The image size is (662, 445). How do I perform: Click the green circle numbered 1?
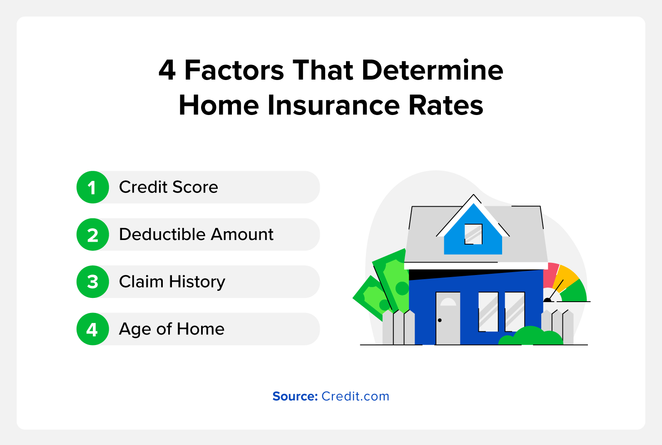tap(92, 187)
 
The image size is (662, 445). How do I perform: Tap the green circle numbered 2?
tap(92, 235)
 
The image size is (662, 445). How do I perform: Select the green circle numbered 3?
tap(92, 282)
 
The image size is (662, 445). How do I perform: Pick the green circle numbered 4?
tap(92, 329)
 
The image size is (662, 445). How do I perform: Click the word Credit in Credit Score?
tap(143, 187)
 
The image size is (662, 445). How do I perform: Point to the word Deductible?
tap(162, 234)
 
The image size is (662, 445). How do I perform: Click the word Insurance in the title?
tap(333, 105)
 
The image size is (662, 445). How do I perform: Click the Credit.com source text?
tap(355, 396)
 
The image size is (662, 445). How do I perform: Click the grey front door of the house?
tap(448, 318)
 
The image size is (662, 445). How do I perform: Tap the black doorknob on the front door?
tap(440, 320)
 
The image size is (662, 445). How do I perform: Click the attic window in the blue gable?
tap(473, 234)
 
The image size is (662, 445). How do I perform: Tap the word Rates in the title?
tap(445, 105)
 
